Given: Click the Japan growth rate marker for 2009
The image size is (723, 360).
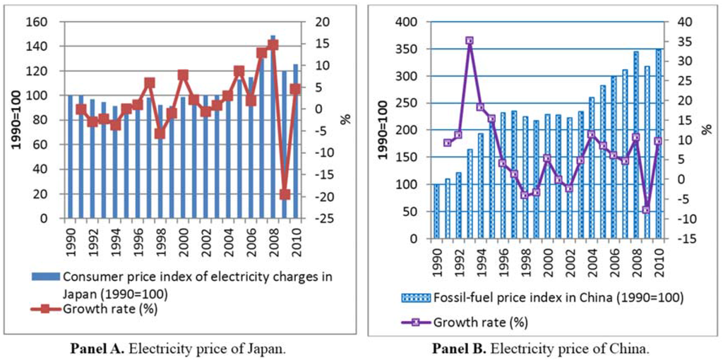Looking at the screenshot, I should point(285,194).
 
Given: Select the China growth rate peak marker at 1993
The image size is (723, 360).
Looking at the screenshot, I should point(470,41).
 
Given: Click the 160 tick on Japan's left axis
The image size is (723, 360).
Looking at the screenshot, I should point(35,22).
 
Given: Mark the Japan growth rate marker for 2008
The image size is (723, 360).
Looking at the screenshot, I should point(274,44).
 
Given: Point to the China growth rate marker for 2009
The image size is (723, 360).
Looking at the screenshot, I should point(646,210).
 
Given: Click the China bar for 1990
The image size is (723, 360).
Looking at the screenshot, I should point(436,211).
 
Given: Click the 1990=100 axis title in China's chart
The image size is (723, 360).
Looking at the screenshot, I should point(383,130).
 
